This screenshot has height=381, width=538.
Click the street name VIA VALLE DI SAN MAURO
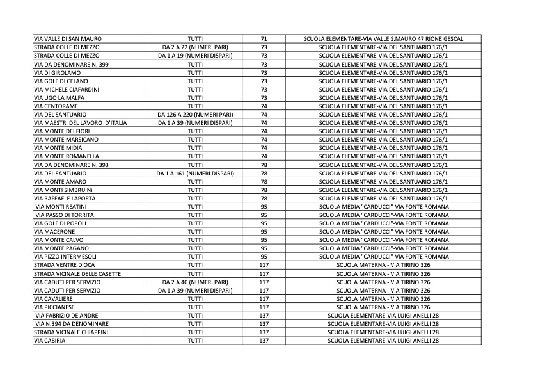[x=67, y=40]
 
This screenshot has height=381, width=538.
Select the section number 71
[x=264, y=40]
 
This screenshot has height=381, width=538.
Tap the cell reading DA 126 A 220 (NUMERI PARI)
[x=195, y=115]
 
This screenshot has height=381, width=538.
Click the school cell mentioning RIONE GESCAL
[x=383, y=40]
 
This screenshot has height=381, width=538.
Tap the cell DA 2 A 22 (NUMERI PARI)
[x=195, y=48]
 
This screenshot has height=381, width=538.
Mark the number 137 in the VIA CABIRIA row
[x=264, y=341]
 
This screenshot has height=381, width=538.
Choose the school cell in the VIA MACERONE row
[x=383, y=232]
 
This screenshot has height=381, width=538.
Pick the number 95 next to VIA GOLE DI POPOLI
[x=264, y=223]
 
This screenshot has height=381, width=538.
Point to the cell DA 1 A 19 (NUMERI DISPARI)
[x=195, y=56]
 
